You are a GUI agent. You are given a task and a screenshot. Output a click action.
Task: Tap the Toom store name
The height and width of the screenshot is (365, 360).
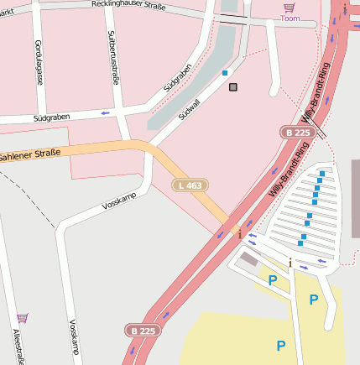pos(290,18)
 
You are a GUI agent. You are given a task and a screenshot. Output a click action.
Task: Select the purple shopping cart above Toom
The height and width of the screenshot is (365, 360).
pos(290,7)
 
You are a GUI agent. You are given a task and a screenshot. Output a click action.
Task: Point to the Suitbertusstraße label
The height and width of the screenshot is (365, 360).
pos(112,58)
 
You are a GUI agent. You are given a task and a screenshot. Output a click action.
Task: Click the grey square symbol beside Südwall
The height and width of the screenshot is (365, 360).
pos(232,87)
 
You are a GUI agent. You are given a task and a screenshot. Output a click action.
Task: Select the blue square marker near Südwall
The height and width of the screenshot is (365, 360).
pos(225,73)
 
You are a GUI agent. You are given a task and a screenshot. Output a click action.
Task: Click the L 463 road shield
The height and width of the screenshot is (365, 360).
pos(190,185)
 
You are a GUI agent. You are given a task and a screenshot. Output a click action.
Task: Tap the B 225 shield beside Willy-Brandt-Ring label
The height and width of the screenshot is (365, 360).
pos(297,133)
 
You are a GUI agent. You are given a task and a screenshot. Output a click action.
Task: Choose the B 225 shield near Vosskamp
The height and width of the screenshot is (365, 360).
pos(143,331)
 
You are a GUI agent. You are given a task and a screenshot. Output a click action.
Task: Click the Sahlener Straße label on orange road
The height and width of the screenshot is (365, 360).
pos(30,156)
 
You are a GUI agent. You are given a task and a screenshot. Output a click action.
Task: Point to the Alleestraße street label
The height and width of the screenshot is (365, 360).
pos(18,347)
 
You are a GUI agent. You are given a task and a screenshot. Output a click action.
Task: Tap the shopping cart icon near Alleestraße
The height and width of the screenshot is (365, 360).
pos(22,318)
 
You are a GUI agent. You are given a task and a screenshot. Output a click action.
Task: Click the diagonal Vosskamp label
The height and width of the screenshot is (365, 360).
pos(118,201)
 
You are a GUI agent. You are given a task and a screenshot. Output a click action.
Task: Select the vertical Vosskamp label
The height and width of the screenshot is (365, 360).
pos(74,338)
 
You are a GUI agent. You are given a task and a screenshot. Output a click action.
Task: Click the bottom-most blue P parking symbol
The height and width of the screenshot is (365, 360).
pos(281,345)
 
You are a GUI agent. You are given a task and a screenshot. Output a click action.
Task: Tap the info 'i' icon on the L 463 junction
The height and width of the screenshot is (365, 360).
pos(240,234)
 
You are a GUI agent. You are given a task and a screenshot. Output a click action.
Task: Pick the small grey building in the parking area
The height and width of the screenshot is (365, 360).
pos(248,260)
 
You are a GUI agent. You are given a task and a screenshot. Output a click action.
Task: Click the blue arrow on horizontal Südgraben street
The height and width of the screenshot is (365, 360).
pos(105,112)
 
